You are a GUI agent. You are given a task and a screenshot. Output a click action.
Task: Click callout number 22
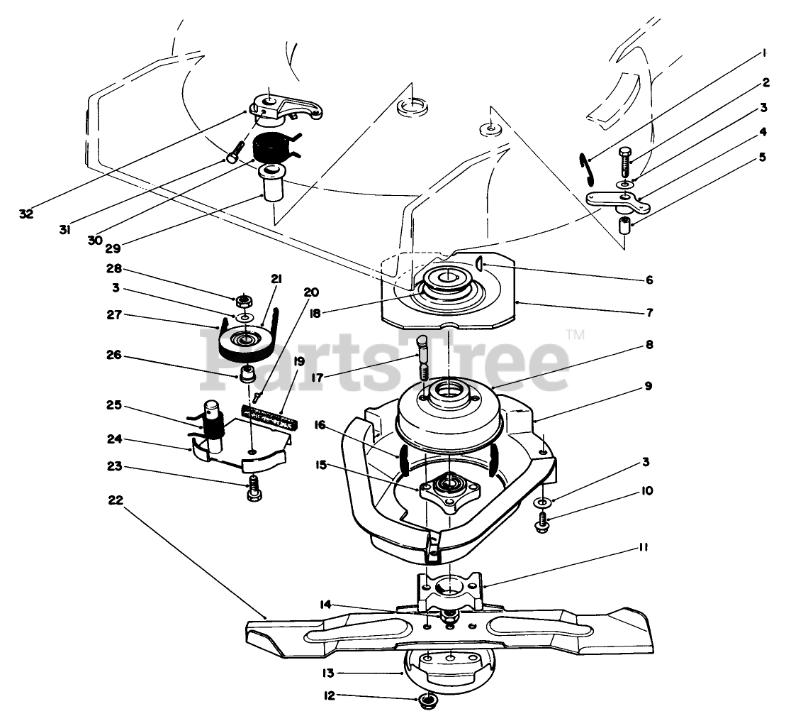(x=116, y=500)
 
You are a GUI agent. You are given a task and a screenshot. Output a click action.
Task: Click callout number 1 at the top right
(x=765, y=52)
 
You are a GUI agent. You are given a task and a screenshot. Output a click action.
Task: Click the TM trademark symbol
(x=575, y=335)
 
